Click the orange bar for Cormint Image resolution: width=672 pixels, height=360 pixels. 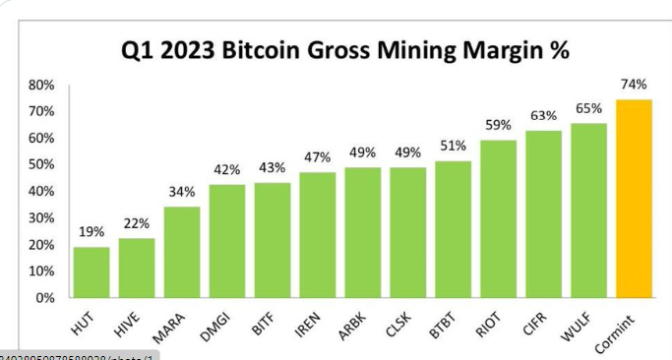click(x=634, y=199)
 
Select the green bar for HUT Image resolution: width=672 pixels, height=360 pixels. click(x=92, y=272)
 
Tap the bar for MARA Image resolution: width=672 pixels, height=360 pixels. click(x=182, y=252)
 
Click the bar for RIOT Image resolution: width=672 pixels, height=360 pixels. click(x=498, y=218)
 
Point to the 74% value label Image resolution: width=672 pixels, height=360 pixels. click(x=634, y=85)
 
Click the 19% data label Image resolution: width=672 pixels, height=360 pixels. click(x=92, y=233)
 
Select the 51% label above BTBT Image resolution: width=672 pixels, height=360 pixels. click(x=453, y=147)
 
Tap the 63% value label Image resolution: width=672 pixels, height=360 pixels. click(x=543, y=116)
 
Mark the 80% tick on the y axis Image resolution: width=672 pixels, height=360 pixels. click(x=40, y=86)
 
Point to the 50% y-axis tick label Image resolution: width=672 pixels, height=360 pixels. click(x=40, y=165)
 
